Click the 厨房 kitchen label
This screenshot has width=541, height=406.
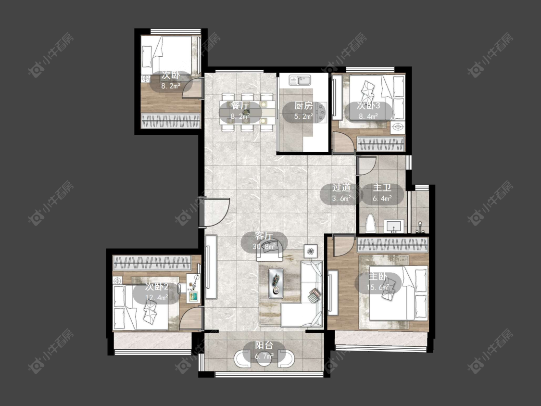tap(303, 105)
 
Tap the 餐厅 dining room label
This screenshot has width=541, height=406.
tap(240, 105)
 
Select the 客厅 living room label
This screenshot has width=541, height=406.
tap(264, 235)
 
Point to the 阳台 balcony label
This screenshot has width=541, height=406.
tap(264, 345)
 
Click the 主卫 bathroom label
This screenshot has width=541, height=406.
tap(382, 188)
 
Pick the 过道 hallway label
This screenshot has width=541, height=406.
tap(341, 188)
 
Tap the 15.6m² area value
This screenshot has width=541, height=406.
tap(378, 287)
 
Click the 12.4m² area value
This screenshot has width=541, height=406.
tap(157, 297)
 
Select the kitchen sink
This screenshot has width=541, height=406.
tap(300, 81)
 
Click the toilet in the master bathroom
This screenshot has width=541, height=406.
tap(370, 224)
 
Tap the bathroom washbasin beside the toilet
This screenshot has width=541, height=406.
tap(394, 226)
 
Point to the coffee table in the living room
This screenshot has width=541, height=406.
tap(276, 283)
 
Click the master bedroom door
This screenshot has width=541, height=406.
tap(344, 245)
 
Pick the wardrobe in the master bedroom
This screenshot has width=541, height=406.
tap(392, 245)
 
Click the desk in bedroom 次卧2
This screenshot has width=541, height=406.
tap(193, 288)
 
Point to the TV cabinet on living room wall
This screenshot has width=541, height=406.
tap(211, 267)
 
